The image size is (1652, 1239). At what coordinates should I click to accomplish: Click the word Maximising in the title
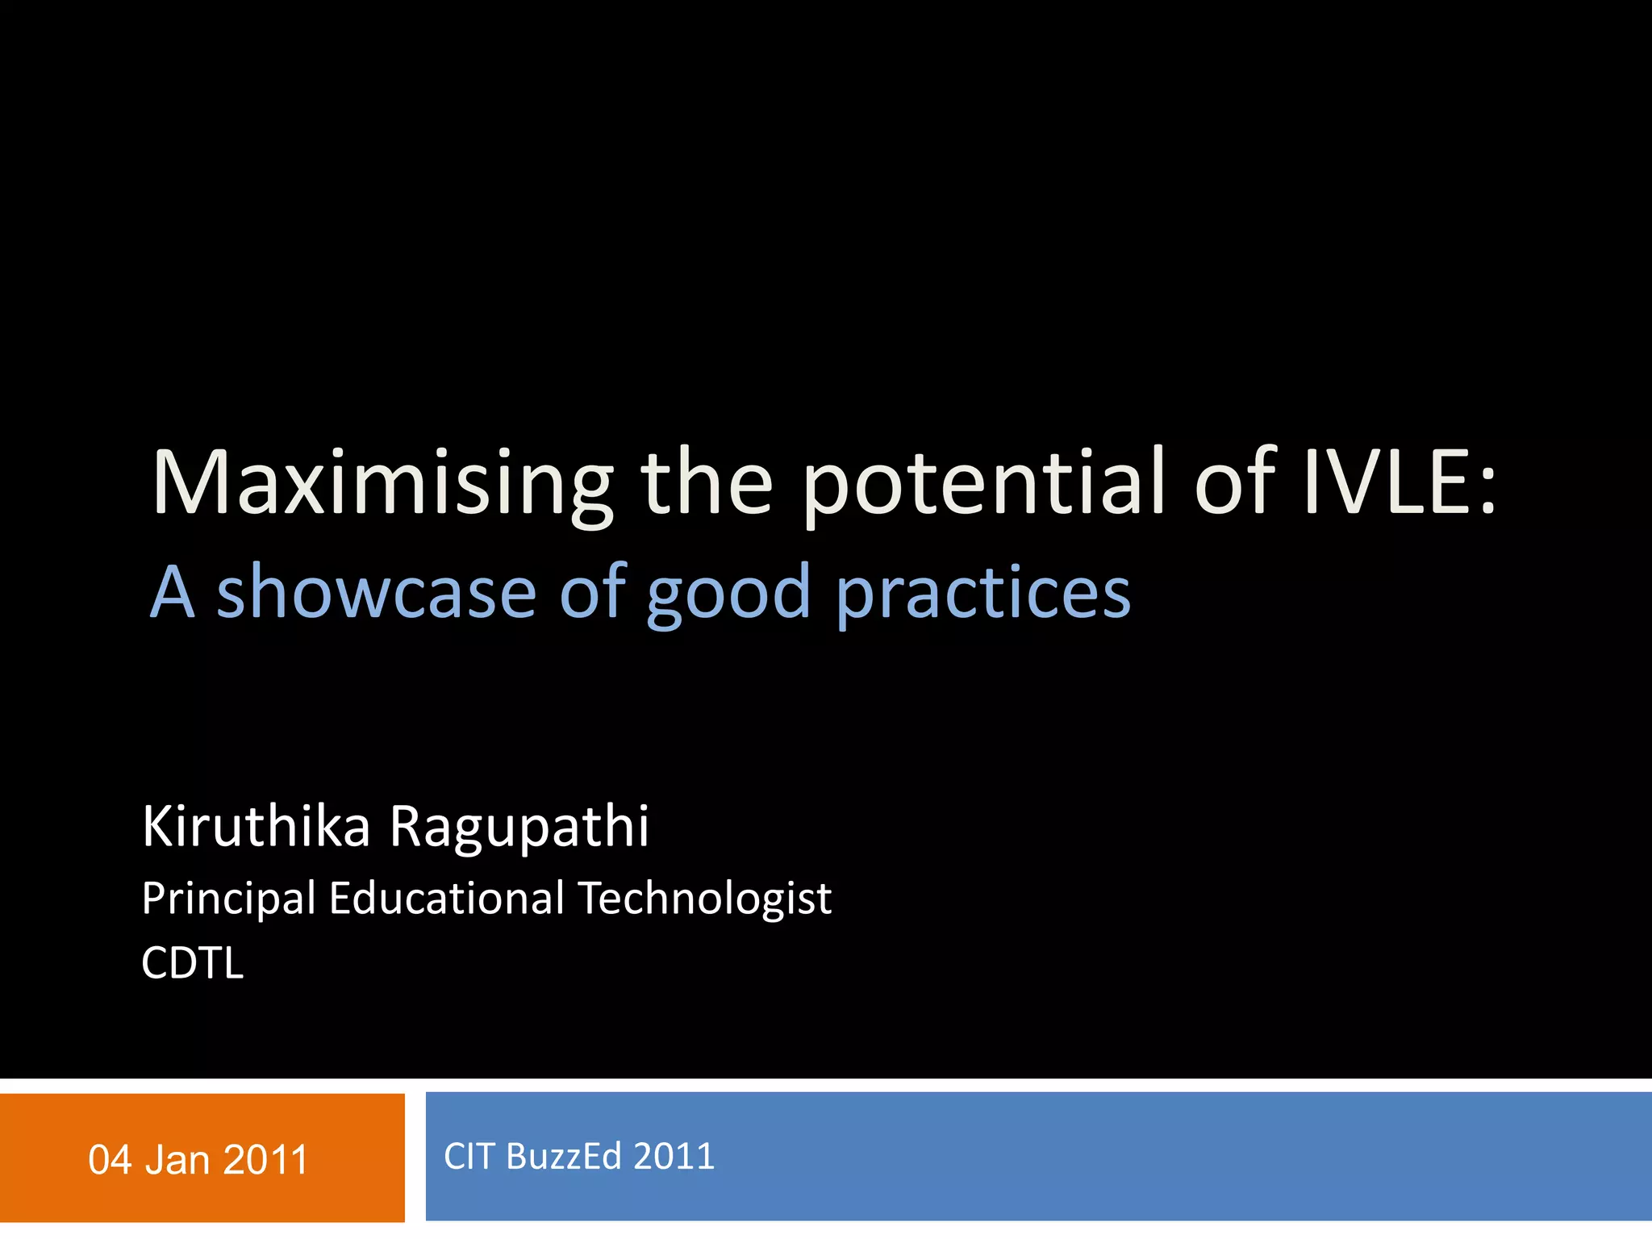(x=382, y=484)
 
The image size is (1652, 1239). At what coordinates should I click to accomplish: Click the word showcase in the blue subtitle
(x=376, y=593)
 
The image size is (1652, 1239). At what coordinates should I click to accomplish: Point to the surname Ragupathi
(x=519, y=829)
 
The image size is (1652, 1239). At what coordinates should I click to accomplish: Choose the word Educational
(x=447, y=898)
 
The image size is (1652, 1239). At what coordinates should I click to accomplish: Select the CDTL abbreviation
(x=192, y=963)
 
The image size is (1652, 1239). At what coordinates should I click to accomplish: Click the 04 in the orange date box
(x=110, y=1160)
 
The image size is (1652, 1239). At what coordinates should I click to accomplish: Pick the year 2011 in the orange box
(x=265, y=1160)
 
